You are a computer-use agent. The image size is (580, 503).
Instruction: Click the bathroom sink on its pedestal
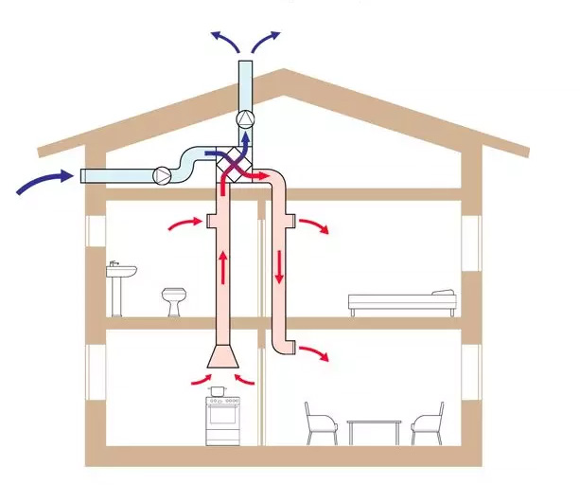click(x=120, y=278)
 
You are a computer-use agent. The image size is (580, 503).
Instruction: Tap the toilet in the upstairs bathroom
click(x=172, y=300)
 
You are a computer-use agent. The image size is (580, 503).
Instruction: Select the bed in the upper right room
click(x=402, y=302)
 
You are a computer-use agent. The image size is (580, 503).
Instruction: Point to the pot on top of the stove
click(x=220, y=388)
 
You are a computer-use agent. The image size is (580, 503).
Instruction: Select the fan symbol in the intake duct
click(x=163, y=175)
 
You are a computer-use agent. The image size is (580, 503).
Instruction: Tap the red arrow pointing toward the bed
click(x=320, y=227)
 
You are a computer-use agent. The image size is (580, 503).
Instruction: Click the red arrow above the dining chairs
click(x=318, y=353)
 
